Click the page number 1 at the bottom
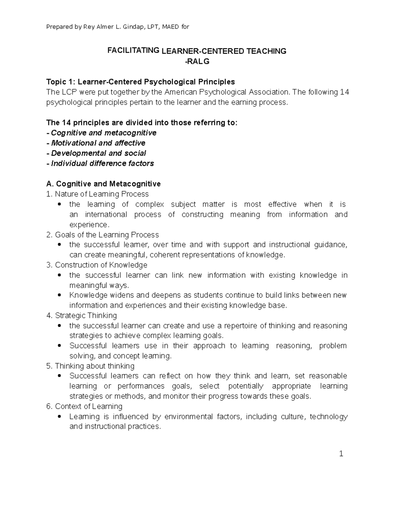341,454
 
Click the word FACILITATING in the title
134,51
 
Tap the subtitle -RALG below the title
197,61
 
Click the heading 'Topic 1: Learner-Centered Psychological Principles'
141,81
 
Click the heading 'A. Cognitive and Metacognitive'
103,184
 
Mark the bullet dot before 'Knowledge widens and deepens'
59,295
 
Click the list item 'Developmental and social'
98,153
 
